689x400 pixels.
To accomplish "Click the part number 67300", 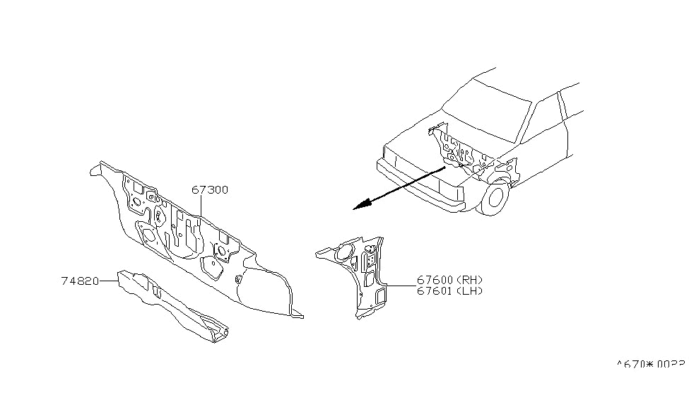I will click(210, 190).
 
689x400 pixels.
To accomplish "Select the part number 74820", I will click(80, 281).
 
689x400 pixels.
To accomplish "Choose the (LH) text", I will click(469, 291).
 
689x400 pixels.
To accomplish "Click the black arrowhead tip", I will click(355, 208).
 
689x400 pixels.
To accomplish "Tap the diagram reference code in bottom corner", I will click(651, 365).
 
